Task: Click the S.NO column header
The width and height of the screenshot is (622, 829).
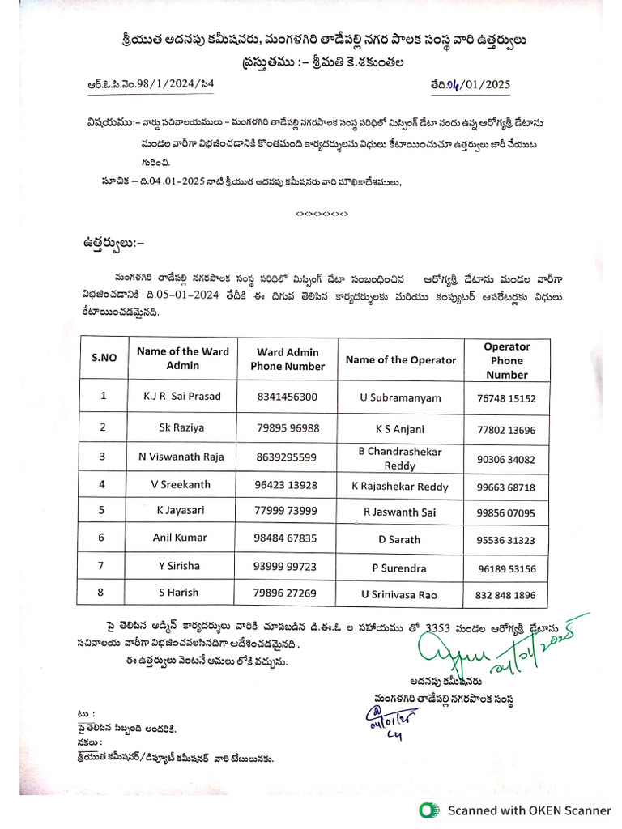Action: [104, 357]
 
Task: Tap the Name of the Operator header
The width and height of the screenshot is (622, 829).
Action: [401, 360]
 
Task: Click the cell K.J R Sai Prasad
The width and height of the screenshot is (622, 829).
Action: [182, 397]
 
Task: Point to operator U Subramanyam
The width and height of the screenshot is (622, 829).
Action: [401, 398]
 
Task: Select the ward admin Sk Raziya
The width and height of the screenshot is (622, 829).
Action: [182, 427]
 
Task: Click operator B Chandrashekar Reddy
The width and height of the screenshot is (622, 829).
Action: [400, 458]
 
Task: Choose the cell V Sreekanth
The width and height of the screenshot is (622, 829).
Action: [181, 484]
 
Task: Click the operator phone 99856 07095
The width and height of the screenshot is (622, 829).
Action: [506, 513]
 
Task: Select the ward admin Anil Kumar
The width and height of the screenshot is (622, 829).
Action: [180, 537]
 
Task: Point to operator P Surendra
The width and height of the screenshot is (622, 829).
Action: [400, 568]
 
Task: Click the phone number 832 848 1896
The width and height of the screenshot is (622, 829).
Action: [506, 595]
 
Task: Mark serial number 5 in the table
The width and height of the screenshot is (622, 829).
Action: [102, 510]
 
